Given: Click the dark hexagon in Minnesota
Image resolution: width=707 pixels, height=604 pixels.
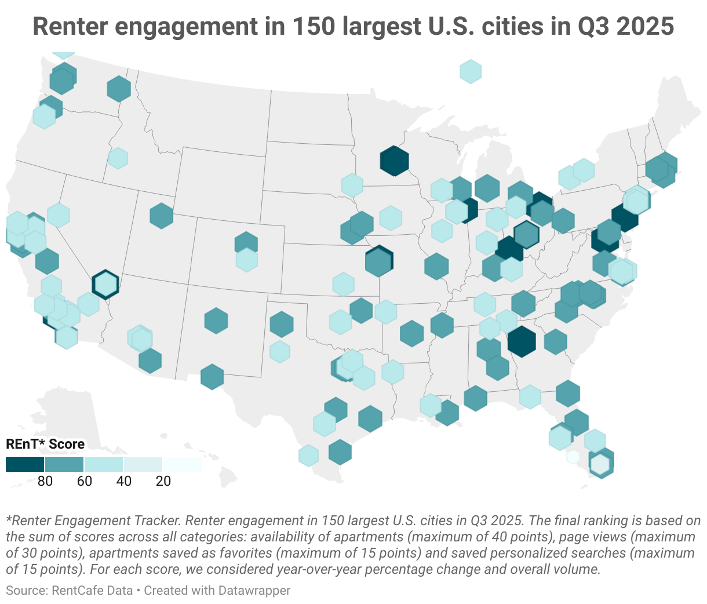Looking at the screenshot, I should (x=395, y=161).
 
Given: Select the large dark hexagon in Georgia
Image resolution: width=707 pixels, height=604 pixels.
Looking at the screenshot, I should (x=522, y=341).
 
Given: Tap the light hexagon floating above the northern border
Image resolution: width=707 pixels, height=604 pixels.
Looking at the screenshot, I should (x=471, y=71).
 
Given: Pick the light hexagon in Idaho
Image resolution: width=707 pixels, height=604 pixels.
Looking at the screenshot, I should (x=118, y=158).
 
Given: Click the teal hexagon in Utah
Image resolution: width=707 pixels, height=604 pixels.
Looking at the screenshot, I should (x=161, y=216).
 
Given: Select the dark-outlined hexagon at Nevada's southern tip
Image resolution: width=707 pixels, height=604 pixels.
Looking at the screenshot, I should (x=105, y=284).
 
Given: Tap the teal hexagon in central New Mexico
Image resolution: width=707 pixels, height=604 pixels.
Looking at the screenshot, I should (x=216, y=321).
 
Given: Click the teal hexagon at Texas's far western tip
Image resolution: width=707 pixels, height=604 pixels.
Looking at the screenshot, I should (x=212, y=377).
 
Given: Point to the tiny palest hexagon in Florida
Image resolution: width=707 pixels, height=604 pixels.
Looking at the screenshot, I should (x=573, y=456).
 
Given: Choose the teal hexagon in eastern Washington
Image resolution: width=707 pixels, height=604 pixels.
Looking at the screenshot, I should (x=118, y=89).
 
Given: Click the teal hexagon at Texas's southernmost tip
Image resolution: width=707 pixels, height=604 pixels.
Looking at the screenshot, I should (x=340, y=452).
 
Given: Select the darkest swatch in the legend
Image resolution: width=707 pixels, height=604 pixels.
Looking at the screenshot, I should (x=25, y=464).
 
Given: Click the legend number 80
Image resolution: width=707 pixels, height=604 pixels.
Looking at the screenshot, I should (x=45, y=481).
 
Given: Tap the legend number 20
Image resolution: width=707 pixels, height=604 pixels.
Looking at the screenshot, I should (x=163, y=481).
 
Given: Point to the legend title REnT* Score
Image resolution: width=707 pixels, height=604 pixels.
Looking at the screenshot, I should (x=45, y=444).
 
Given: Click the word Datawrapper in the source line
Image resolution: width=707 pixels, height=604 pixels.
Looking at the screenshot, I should (x=254, y=590).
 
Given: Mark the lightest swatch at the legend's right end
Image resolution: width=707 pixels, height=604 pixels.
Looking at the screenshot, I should (x=182, y=464).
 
